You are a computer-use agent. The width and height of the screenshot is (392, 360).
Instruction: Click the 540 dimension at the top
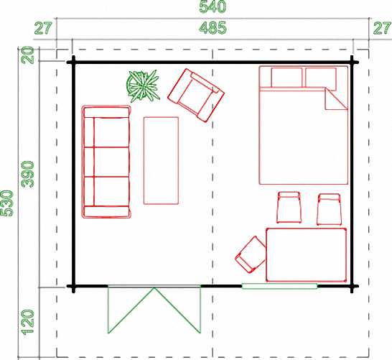pyautogui.click(x=213, y=6)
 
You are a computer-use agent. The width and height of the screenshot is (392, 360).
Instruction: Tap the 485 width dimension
pyautogui.click(x=213, y=28)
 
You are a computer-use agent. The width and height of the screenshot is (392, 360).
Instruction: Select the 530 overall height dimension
pyautogui.click(x=6, y=203)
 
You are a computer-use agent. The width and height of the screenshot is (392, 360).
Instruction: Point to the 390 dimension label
pyautogui.click(x=28, y=175)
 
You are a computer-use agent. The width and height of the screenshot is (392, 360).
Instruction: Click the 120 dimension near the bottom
pyautogui.click(x=28, y=322)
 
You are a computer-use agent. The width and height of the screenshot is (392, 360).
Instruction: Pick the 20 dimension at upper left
pyautogui.click(x=28, y=55)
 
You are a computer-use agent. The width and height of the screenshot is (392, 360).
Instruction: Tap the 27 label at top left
pyautogui.click(x=43, y=28)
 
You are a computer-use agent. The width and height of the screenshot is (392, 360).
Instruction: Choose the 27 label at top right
pyautogui.click(x=382, y=28)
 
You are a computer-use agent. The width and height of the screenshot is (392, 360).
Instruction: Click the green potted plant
pyautogui.click(x=143, y=86)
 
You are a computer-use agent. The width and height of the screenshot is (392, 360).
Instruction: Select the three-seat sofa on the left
pyautogui.click(x=106, y=162)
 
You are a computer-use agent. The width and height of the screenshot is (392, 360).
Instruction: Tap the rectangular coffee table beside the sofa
pyautogui.click(x=161, y=161)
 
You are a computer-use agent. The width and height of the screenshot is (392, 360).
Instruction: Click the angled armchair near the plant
pyautogui.click(x=196, y=96)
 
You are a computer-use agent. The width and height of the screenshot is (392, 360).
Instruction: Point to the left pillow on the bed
pyautogui.click(x=286, y=78)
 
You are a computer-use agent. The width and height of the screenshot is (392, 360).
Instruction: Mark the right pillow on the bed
pyautogui.click(x=320, y=78)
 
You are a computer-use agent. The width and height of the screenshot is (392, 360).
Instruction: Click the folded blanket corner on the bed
pyautogui.click(x=336, y=99)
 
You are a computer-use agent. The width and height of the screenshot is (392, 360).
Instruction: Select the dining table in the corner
pyautogui.click(x=307, y=255)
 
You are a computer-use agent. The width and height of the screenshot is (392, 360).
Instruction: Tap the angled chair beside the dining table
pyautogui.click(x=251, y=254)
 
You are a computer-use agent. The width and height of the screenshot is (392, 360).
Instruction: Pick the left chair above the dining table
pyautogui.click(x=289, y=207)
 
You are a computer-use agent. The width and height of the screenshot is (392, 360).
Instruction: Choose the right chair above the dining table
pyautogui.click(x=329, y=209)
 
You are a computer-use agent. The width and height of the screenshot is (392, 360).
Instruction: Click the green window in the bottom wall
pyautogui.click(x=279, y=286)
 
